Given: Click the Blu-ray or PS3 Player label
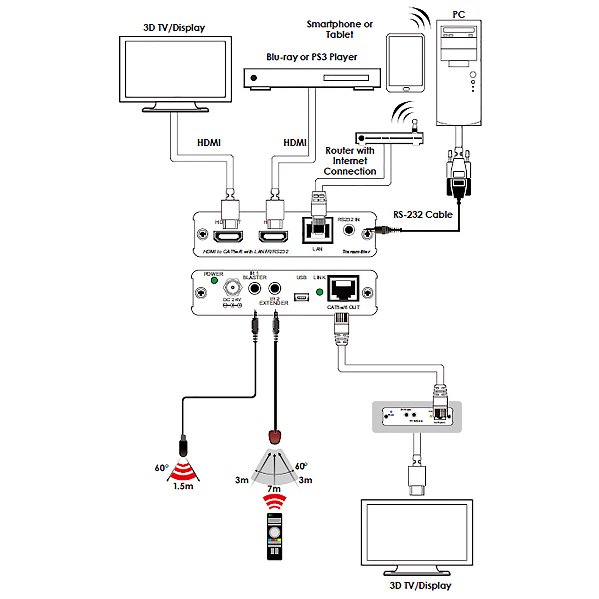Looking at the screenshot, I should (311, 57).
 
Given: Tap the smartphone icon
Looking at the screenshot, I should (405, 62).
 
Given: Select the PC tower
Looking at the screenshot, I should (459, 72).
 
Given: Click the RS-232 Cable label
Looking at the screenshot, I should (423, 215).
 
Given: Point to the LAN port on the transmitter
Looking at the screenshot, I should (317, 230).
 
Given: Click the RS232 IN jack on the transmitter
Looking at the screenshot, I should (349, 230).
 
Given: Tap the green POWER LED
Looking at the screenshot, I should (214, 280).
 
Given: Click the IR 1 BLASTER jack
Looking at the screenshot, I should (255, 288).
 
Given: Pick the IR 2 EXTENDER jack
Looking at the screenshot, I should (274, 288).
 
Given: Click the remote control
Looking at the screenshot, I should (274, 536).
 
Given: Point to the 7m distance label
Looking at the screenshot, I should (274, 489).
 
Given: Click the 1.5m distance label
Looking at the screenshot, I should (183, 486).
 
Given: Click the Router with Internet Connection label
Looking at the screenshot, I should (350, 161).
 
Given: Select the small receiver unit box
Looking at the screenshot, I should (417, 416).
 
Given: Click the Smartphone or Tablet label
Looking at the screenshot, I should (339, 29).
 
